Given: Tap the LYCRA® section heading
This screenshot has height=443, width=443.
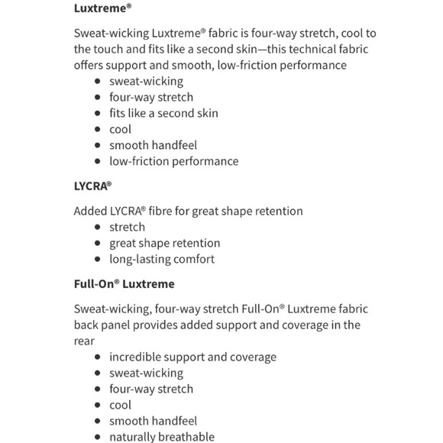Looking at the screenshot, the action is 94,186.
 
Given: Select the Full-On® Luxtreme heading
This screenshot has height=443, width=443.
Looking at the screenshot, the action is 124,284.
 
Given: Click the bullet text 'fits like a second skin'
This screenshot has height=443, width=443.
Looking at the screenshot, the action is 163,113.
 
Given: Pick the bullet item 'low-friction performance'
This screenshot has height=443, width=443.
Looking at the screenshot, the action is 173,161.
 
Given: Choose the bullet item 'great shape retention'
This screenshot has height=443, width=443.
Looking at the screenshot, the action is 164,243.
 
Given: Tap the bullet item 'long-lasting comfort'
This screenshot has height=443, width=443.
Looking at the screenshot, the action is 161,259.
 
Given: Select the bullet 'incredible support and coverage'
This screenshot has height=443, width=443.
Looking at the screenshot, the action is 192,357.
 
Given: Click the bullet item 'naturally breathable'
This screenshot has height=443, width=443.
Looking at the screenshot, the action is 161,437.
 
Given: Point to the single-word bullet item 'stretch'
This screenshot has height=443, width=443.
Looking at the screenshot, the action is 127,227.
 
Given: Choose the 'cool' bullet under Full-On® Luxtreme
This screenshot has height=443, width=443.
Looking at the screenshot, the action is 120,405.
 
